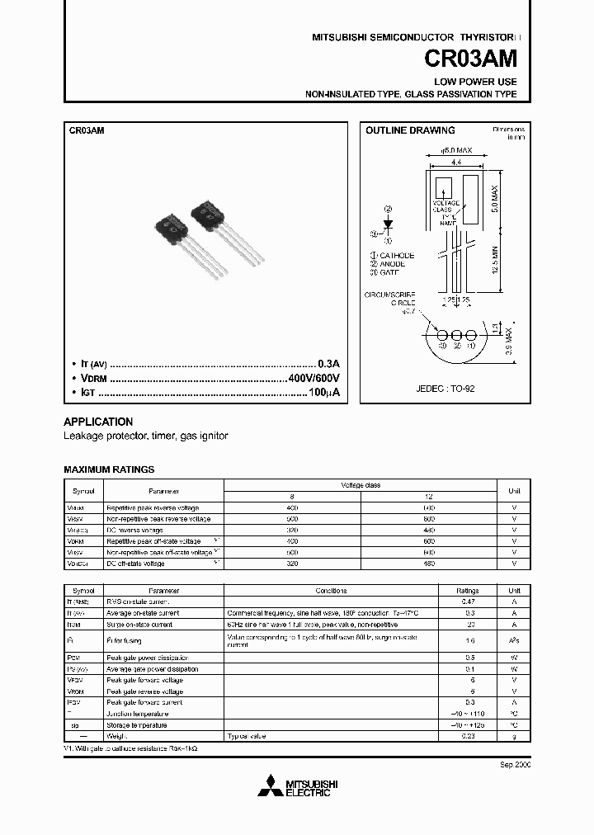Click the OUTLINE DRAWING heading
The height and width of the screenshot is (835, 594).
pos(410,130)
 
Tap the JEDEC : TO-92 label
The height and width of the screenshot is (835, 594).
pos(445,387)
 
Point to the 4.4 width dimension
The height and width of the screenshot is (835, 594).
pos(454,164)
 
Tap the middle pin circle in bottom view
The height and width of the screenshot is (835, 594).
pos(454,336)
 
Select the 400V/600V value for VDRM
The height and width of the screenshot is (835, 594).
pos(313,378)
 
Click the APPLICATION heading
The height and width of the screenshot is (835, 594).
pos(98,422)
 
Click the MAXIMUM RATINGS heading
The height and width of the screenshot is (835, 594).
pos(109,469)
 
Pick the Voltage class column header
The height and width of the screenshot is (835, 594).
pos(361,485)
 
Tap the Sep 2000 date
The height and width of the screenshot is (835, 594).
pos(516,765)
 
